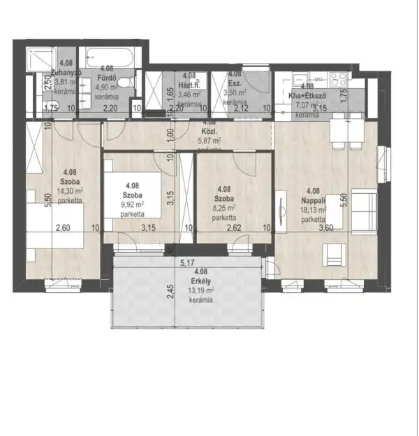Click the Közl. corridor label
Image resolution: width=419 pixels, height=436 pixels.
[x=209, y=130]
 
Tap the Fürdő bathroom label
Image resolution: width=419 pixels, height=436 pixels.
[x=96, y=78]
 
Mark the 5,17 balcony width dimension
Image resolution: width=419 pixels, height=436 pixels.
[x=187, y=263]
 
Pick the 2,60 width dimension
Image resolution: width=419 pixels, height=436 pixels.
[x=61, y=227]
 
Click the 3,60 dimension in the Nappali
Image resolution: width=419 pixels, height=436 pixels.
[x=326, y=227]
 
